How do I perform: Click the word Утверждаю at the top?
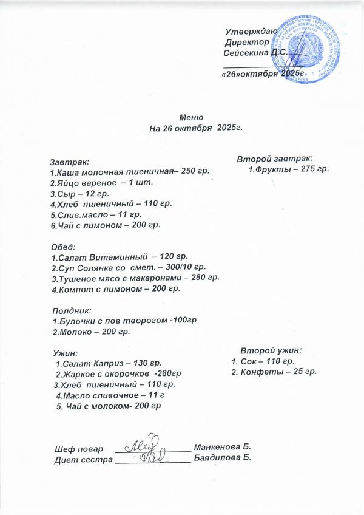click(x=251, y=31)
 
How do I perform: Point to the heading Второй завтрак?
click(x=275, y=158)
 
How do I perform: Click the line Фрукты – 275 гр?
click(x=289, y=168)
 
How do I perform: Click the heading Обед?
click(x=64, y=247)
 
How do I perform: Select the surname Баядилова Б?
click(x=222, y=458)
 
